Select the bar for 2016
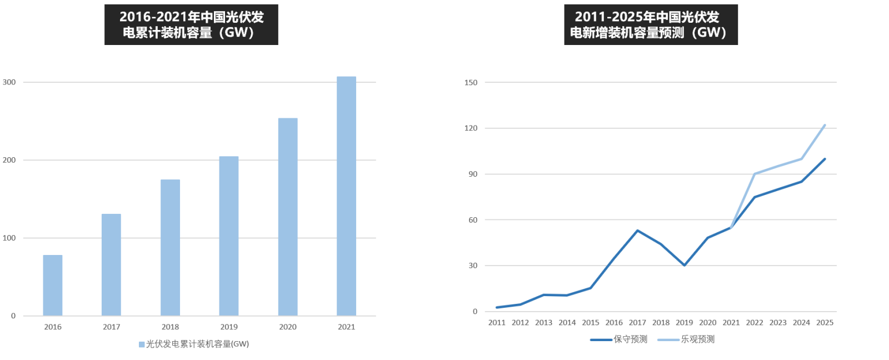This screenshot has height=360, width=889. click(53, 285)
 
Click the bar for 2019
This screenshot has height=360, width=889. click(229, 236)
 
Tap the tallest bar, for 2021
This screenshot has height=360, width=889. click(346, 196)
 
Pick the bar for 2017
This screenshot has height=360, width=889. click(111, 264)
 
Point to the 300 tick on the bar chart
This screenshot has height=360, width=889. click(9, 82)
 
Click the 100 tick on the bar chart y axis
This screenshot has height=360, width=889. click(9, 238)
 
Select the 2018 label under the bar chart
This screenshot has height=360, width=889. click(170, 327)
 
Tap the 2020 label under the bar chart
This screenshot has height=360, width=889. click(288, 327)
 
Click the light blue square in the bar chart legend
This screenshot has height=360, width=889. click(142, 344)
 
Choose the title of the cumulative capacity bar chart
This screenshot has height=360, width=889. click(191, 24)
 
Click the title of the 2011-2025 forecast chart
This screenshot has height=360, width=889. click(651, 24)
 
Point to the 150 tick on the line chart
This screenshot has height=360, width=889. click(471, 82)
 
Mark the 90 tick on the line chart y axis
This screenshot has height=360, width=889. click(473, 174)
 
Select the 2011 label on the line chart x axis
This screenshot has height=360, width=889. click(497, 322)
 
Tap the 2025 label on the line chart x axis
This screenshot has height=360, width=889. click(825, 322)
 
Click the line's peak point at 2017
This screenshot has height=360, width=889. click(637, 231)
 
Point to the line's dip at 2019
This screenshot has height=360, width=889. click(684, 265)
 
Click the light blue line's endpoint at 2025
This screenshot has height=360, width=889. click(825, 125)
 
